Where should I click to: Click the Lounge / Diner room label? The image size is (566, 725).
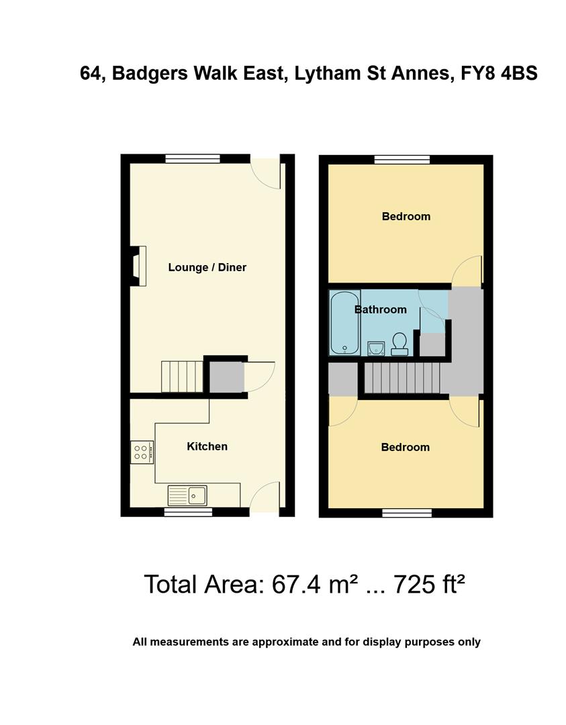tap(207, 267)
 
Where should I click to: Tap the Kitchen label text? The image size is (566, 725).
tap(207, 446)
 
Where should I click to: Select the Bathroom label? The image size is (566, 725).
tap(381, 309)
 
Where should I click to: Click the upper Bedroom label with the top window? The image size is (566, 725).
tap(406, 216)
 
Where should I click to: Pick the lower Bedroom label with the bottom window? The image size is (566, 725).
tap(405, 447)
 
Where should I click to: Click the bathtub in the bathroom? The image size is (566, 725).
tap(345, 322)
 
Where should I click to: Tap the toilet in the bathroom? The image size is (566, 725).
tap(399, 344)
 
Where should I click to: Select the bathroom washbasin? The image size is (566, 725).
tap(376, 347)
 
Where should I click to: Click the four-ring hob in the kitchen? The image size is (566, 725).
tap(141, 452)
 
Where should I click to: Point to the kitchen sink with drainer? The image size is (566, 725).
tap(188, 495)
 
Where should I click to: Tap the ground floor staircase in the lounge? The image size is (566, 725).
tap(182, 376)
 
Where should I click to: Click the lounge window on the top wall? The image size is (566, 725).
tap(192, 159)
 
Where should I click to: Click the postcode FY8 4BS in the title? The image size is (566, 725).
tap(499, 73)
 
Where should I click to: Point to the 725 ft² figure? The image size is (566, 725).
tap(429, 584)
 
